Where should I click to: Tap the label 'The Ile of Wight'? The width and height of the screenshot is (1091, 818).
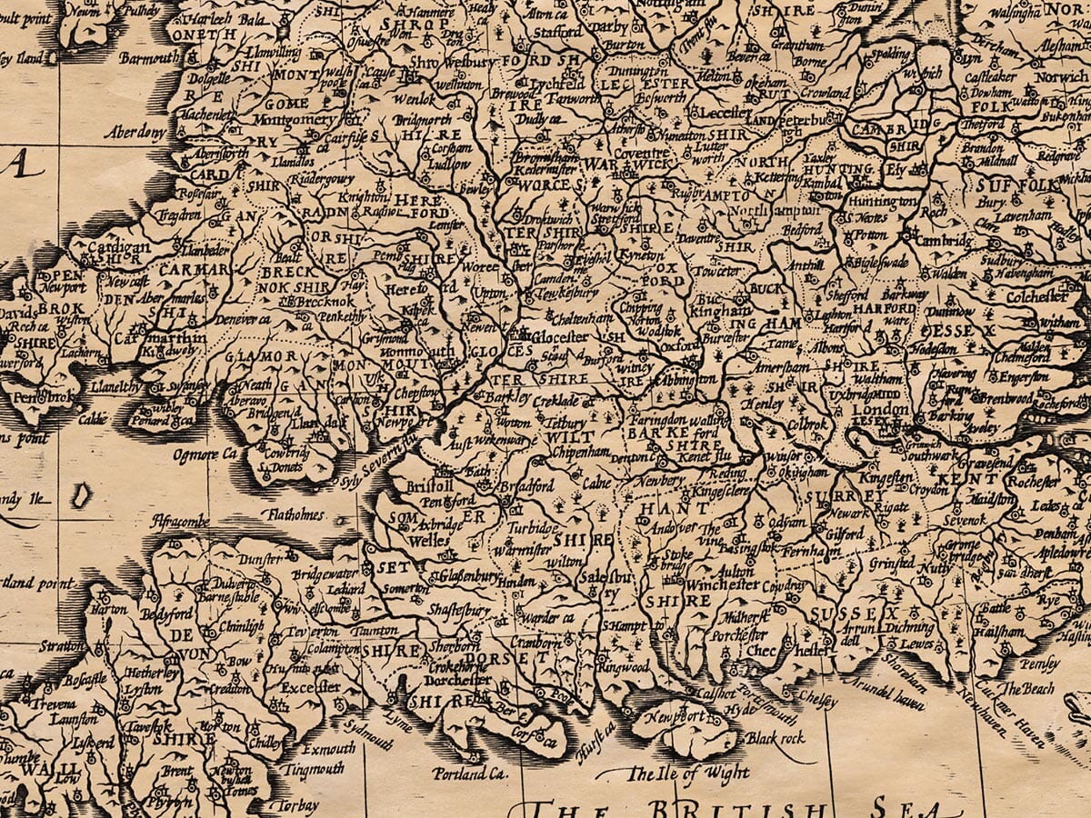click(x=688, y=773)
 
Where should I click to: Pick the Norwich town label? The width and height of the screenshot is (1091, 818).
click(x=1059, y=78)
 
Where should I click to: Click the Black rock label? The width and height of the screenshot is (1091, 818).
click(x=775, y=739)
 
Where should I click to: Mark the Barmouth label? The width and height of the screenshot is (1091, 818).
click(x=150, y=59)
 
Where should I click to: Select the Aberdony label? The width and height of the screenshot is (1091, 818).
click(x=135, y=133)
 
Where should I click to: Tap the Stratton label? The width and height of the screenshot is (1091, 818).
click(x=62, y=646)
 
